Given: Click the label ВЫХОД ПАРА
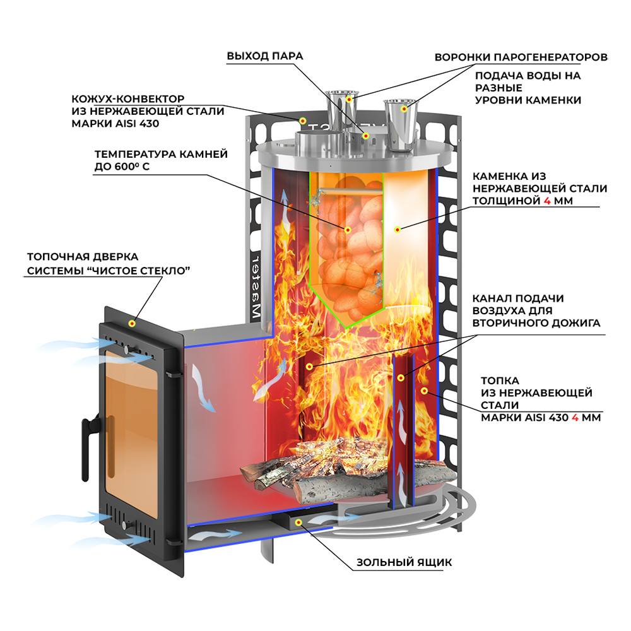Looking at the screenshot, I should (265, 56).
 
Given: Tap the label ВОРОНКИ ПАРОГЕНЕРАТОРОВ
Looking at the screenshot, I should (521, 57).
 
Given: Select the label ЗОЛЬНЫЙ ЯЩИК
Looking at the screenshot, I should (404, 562).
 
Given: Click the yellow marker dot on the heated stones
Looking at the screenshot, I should (347, 229).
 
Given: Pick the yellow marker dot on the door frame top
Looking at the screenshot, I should (132, 323).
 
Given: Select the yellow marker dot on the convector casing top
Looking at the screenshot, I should (302, 120).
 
